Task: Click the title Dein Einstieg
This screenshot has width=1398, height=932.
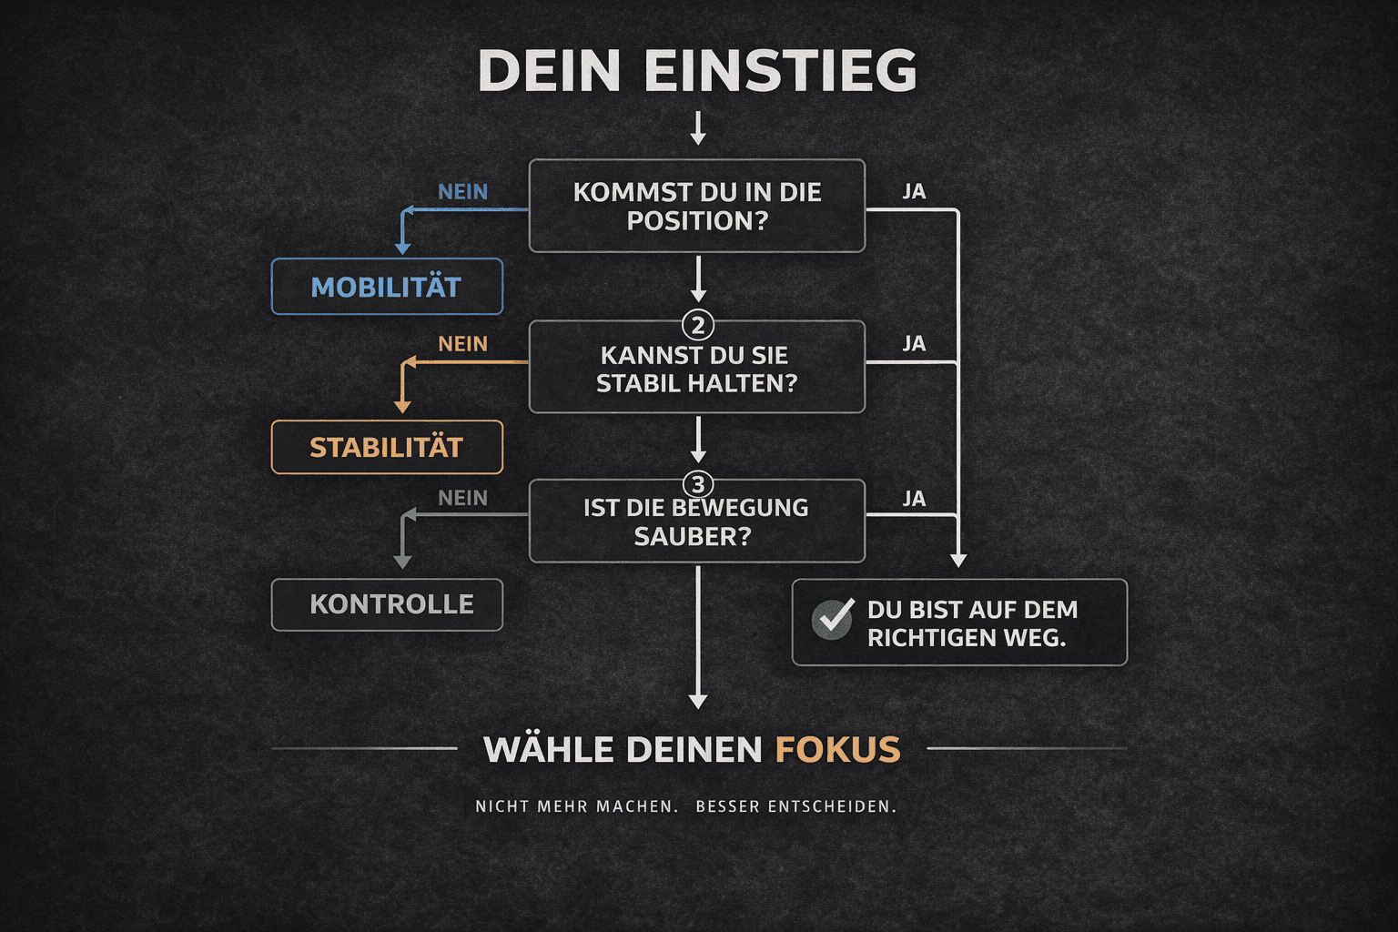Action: coord(697,71)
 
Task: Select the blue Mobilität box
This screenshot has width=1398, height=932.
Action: coord(387,287)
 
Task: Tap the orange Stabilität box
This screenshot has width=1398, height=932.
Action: coord(387,447)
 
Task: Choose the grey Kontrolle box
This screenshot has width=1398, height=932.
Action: coord(387,604)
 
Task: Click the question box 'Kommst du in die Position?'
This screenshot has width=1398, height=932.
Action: coord(697,207)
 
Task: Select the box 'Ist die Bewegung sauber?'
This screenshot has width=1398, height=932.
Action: coord(697,522)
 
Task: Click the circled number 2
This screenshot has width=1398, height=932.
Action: coord(698,325)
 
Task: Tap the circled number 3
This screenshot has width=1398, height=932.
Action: coord(698,484)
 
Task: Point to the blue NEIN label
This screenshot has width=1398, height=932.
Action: coord(462,192)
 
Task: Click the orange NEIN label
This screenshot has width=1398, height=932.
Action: coord(462,344)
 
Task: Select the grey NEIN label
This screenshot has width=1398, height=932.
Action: coord(462,498)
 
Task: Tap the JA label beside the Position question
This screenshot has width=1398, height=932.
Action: coord(914,192)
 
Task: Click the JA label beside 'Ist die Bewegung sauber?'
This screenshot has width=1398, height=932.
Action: coord(914,499)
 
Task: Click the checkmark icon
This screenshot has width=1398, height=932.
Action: coord(833,619)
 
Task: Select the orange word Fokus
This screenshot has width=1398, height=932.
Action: coord(837,750)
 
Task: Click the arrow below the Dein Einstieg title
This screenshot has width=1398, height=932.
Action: coord(698,128)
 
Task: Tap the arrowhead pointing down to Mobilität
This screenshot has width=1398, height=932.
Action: coord(403,248)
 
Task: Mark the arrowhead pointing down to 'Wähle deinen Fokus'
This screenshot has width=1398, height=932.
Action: coord(698,701)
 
